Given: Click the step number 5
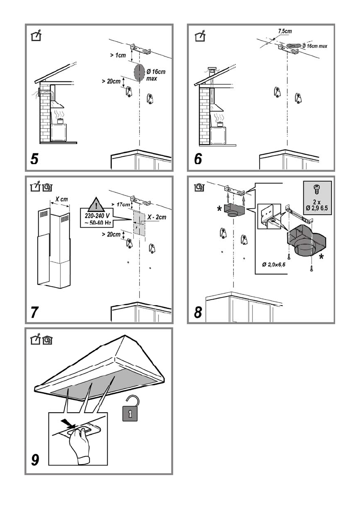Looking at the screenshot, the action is (34, 159).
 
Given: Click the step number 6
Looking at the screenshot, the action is (198, 159).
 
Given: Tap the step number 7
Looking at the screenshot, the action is (34, 312).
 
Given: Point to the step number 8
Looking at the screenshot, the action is (198, 312).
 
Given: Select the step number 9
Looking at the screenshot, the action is (35, 459).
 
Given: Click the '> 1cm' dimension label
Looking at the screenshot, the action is (118, 55).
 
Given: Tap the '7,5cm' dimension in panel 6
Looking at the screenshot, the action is (285, 31).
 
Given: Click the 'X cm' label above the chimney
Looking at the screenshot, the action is (61, 199).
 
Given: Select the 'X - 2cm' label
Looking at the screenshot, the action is (156, 217).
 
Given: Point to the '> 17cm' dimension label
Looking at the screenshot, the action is (121, 204).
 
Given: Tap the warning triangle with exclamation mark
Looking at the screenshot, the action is (96, 204).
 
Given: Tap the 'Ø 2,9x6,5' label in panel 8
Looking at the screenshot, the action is (274, 264).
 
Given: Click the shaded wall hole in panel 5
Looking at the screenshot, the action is (140, 72).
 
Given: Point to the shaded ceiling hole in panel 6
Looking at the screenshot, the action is (294, 45).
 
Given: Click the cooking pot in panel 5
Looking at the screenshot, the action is (60, 121).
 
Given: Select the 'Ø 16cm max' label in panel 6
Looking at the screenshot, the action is (315, 46).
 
